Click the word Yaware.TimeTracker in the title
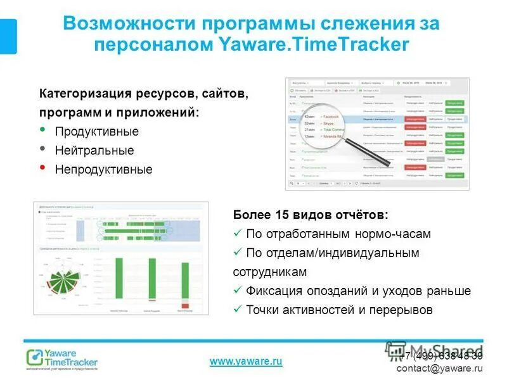click(314, 45)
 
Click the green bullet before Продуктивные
click(42, 130)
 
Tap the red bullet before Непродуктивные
click(42, 168)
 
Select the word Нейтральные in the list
click(94, 151)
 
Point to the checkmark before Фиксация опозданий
click(238, 290)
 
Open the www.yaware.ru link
click(245, 361)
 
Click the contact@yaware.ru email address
click(440, 368)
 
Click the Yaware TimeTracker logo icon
click(34, 357)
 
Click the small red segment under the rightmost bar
click(183, 306)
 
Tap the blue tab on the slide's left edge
click(8, 36)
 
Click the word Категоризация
click(84, 94)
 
